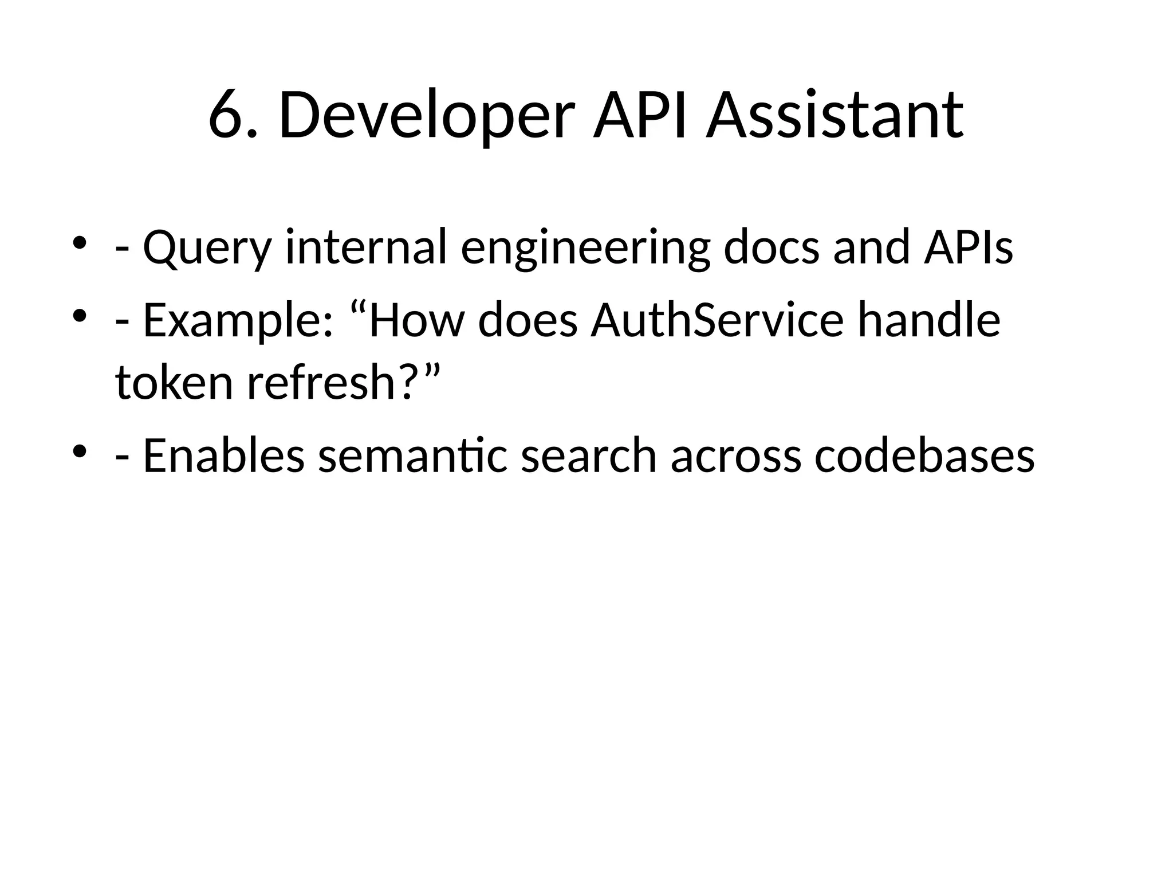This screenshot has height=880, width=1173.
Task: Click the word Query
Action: [206, 247]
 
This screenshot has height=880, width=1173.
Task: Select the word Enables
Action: [223, 455]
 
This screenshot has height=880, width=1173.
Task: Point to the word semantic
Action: [413, 455]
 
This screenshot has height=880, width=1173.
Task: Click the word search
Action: [589, 455]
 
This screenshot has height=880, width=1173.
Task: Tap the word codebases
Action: [924, 455]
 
